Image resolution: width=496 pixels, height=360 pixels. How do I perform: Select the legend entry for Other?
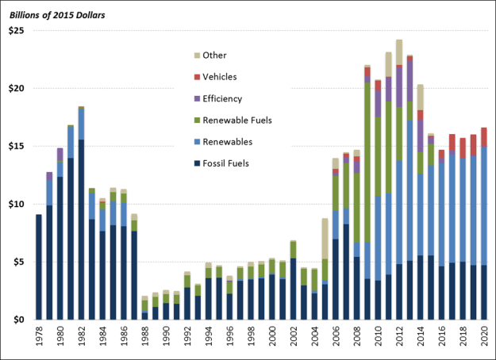click(214, 55)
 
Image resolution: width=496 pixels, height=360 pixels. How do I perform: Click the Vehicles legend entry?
click(220, 76)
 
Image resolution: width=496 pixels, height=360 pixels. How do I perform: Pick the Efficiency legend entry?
click(222, 98)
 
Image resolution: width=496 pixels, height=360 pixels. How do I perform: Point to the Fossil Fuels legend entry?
click(226, 164)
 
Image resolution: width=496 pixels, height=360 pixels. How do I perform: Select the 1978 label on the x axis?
click(39, 337)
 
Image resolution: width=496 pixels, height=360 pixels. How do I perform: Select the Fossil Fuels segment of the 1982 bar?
click(81, 230)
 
